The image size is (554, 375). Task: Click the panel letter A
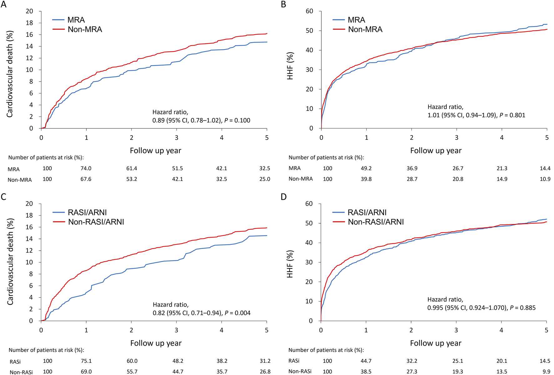[3, 4]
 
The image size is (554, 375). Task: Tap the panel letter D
[284, 197]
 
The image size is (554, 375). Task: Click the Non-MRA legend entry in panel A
[85, 29]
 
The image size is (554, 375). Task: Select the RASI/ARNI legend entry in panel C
[87, 213]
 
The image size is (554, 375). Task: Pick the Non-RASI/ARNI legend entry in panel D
[376, 222]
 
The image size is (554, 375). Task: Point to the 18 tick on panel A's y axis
[29, 23]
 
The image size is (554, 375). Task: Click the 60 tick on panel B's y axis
[309, 11]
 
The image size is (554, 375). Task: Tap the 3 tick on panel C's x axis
[176, 330]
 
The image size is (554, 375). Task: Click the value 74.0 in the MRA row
[86, 169]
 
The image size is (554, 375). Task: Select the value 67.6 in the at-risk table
[86, 179]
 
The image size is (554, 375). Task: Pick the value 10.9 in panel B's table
[545, 179]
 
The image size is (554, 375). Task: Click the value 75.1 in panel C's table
[86, 361]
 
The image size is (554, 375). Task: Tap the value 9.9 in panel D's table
[546, 372]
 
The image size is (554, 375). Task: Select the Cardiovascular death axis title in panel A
[10, 74]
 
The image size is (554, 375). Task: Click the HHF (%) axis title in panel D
[290, 264]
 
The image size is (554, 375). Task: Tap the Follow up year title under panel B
[436, 151]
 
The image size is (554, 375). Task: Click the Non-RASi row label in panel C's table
[21, 372]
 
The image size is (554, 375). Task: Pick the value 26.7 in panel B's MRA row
[458, 169]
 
